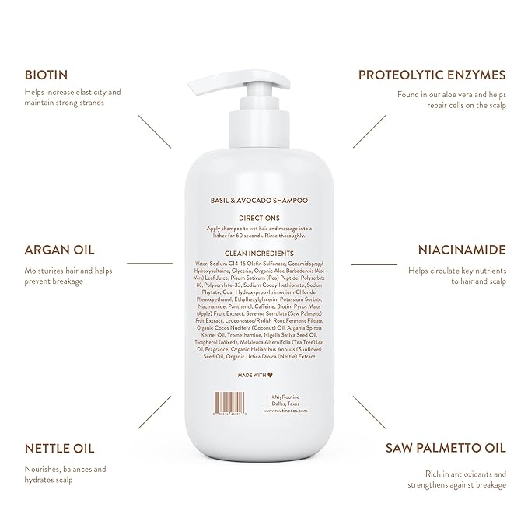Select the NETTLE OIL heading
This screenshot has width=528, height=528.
(58, 449)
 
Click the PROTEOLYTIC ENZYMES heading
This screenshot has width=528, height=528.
(432, 75)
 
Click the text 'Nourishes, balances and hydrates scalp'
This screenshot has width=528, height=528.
(65, 474)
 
